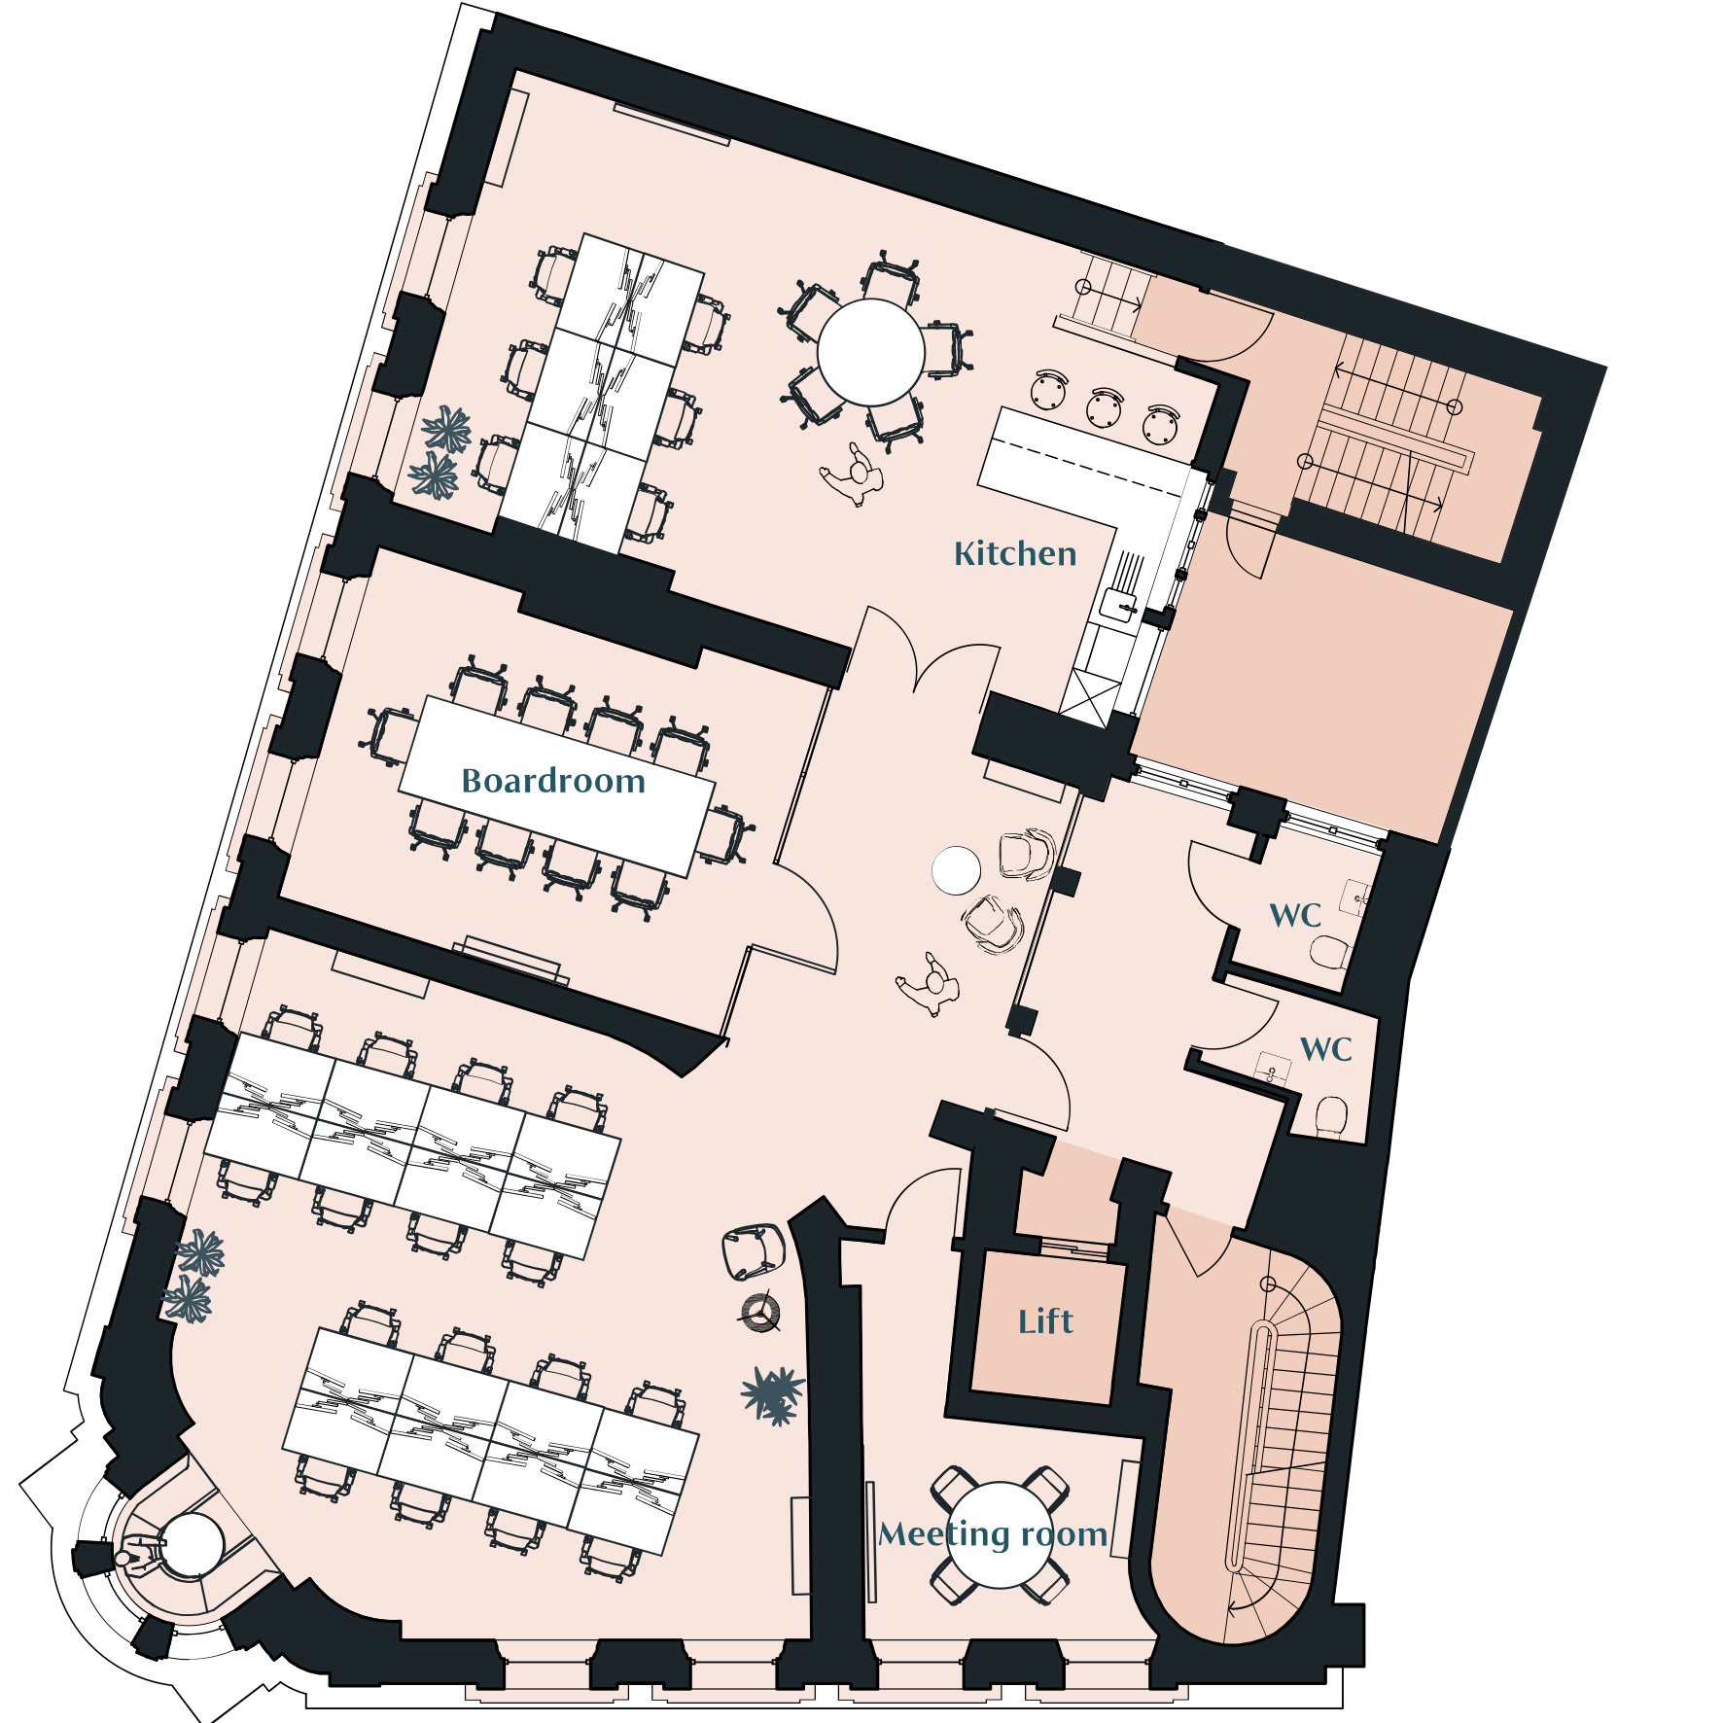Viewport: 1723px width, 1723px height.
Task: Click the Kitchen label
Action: [x=1015, y=553]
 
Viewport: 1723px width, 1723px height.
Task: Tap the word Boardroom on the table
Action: [x=553, y=781]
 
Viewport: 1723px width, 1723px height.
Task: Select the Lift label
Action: [x=1045, y=1321]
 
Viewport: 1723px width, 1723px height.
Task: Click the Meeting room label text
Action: [x=993, y=1533]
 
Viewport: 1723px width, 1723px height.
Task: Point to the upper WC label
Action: [x=1295, y=915]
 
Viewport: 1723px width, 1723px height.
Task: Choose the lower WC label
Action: [x=1326, y=1049]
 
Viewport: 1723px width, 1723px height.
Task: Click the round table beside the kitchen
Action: [x=870, y=352]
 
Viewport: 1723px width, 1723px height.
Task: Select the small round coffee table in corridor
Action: [x=956, y=870]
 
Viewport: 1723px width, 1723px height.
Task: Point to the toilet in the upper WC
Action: [x=1328, y=952]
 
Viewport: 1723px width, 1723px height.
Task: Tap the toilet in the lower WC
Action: [x=1331, y=1115]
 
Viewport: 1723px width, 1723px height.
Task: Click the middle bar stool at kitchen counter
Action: [x=1105, y=406]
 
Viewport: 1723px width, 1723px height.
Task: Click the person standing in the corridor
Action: [x=931, y=984]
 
